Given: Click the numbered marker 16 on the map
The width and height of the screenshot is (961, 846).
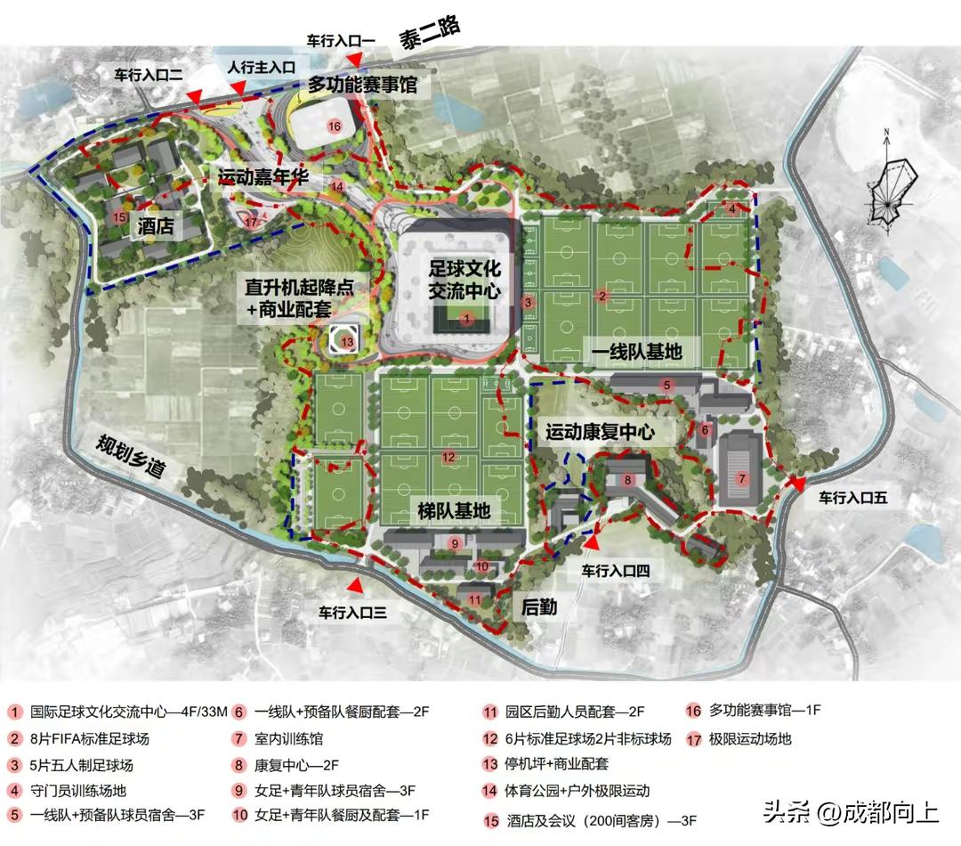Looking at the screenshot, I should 335,126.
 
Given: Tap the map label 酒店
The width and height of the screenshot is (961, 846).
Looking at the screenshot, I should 156,228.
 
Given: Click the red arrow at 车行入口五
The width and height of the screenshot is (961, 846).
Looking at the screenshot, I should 798,484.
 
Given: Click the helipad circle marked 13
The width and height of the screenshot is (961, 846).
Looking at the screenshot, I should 347,340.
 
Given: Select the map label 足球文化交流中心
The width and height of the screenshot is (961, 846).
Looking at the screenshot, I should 464,279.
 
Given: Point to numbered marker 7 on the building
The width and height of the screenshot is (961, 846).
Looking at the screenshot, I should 740,478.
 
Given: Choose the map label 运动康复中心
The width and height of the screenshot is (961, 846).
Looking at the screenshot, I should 600,433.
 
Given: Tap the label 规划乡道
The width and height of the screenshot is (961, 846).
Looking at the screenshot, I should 133,454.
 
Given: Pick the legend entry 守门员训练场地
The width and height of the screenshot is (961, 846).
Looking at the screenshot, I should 78,790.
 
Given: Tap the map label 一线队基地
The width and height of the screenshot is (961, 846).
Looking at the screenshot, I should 637,353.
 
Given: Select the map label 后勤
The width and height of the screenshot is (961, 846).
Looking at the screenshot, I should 538,606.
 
